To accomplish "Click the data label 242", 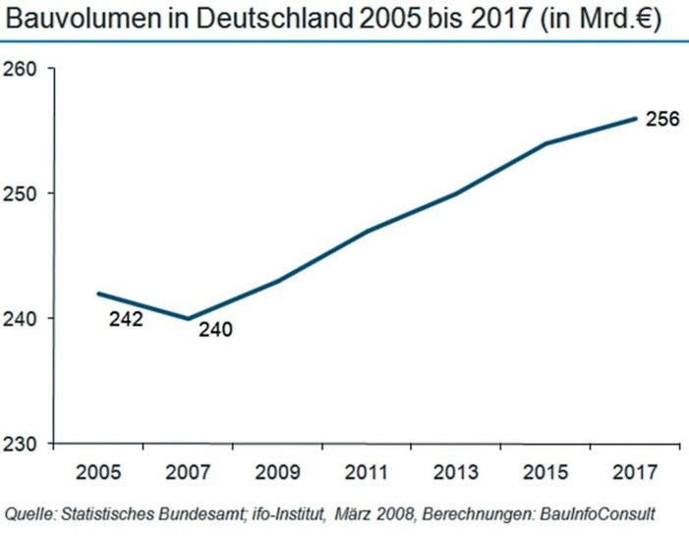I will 126,319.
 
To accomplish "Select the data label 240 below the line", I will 214,331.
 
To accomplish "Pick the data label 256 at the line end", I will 663,120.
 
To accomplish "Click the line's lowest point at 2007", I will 188,318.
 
